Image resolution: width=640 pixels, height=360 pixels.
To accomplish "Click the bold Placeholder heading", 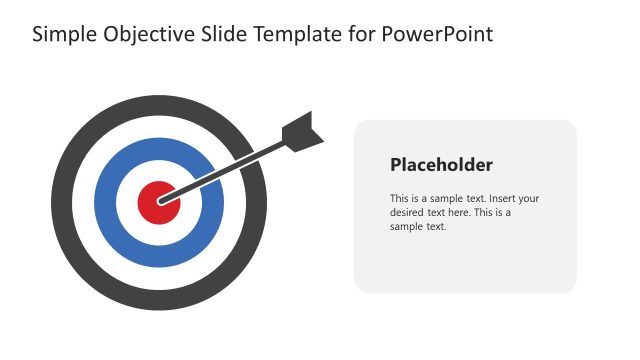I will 441,165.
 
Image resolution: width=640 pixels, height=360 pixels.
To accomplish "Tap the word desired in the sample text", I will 408,212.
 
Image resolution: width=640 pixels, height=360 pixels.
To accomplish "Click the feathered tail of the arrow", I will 304,133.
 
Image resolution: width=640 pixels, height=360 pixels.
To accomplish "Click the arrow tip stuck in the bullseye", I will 162,199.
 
